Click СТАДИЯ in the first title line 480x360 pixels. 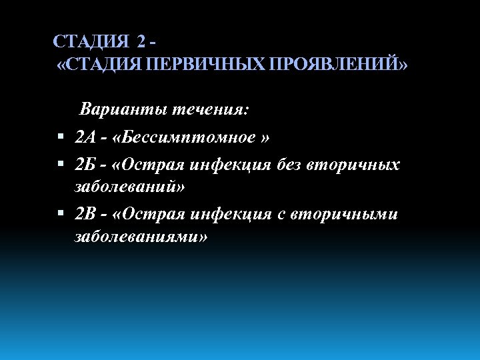click(91, 41)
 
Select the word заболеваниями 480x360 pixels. click(141, 237)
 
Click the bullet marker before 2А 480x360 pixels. click(61, 138)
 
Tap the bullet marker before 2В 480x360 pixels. click(61, 214)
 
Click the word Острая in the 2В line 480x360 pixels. click(151, 214)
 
